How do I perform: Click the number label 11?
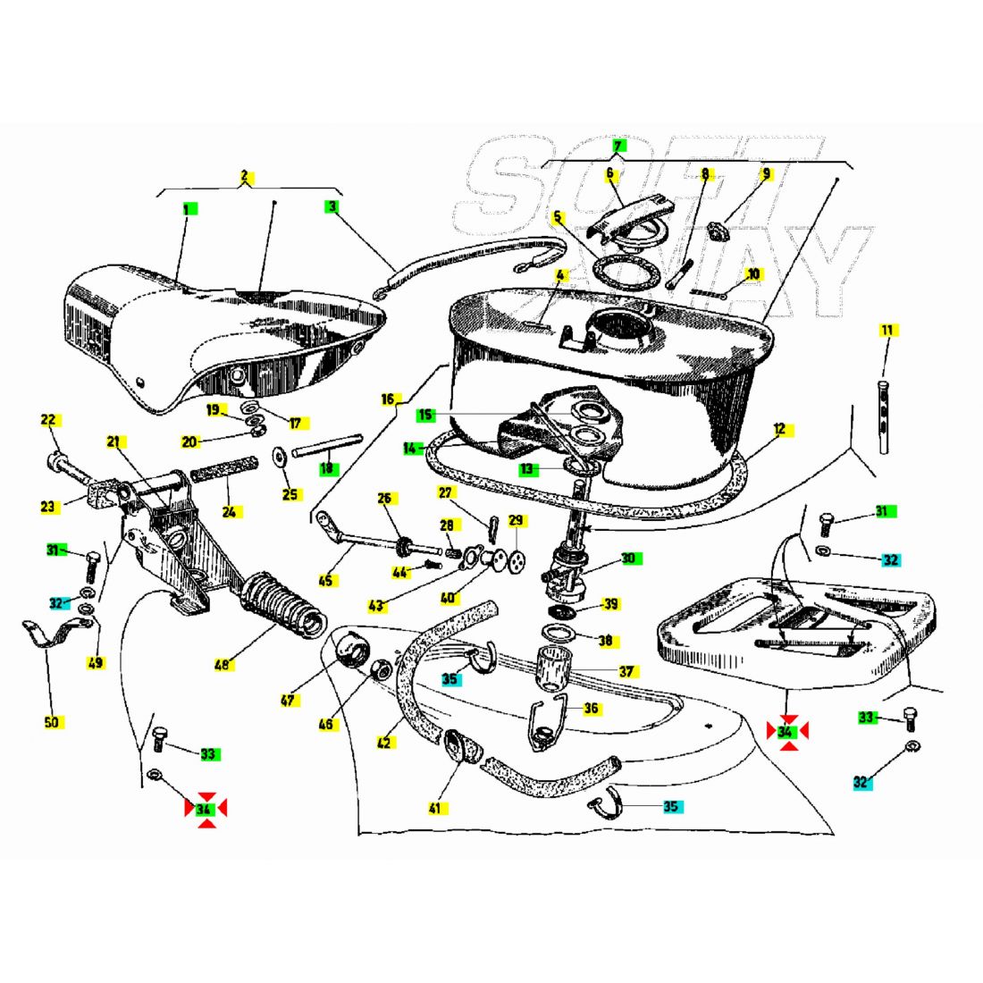coord(887,331)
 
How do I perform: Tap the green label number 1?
coord(189,209)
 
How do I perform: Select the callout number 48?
coord(223,664)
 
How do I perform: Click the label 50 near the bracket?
coord(52,722)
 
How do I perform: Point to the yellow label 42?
coord(383,743)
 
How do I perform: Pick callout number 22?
coord(48,419)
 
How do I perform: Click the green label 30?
coord(628,558)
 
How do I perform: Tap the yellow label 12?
coord(780,430)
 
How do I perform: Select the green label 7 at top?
coord(618,147)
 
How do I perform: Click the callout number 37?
coord(626,671)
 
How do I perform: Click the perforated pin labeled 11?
coord(885,416)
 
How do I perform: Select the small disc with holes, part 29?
coord(517,558)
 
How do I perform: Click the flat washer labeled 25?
coord(278,456)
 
